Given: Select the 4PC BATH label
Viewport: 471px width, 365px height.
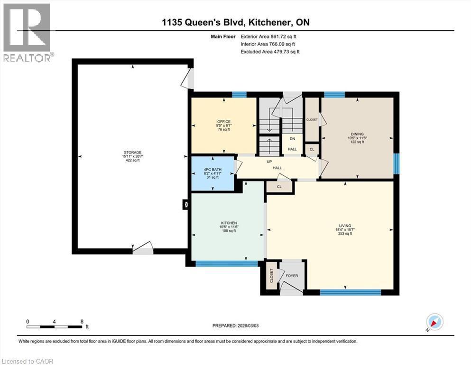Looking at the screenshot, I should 212,170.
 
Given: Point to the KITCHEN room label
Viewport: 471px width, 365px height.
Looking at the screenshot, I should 228,223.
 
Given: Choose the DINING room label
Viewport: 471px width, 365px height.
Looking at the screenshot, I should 357,134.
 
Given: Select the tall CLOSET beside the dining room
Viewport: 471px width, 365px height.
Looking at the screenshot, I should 312,120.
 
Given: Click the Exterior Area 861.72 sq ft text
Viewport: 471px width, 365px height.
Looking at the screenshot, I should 269,36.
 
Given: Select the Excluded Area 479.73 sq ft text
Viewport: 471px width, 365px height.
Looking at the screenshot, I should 270,51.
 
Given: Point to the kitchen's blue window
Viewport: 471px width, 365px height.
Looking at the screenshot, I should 227,263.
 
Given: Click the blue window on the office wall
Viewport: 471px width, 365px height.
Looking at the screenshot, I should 239,94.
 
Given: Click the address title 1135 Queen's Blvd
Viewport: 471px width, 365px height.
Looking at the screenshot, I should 235,22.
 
